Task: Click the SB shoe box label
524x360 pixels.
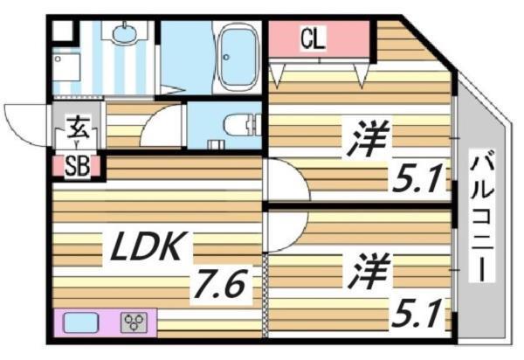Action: tap(77, 167)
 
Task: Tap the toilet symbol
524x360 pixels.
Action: tap(241, 127)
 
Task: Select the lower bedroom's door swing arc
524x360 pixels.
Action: tap(284, 230)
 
